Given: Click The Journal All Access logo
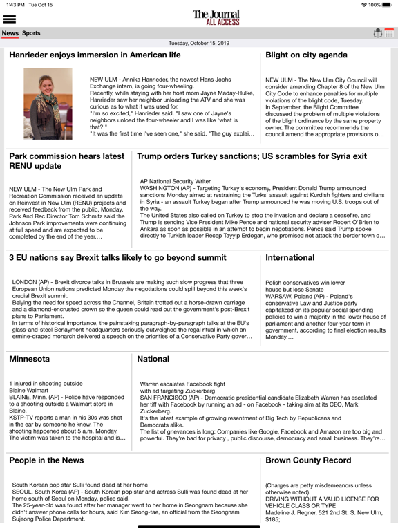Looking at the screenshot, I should click(216, 17).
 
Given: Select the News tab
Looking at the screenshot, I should click(10, 33).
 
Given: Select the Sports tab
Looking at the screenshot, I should click(31, 33).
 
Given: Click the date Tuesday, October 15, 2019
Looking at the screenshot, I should click(199, 43).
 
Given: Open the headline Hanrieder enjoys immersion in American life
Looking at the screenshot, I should click(95, 55).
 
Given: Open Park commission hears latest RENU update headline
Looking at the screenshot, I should click(66, 162).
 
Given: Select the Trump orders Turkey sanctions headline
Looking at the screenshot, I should click(252, 156).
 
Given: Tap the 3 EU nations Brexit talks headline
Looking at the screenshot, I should click(118, 257).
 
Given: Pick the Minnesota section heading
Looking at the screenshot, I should click(30, 359).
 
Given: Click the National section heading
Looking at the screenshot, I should click(153, 359).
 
